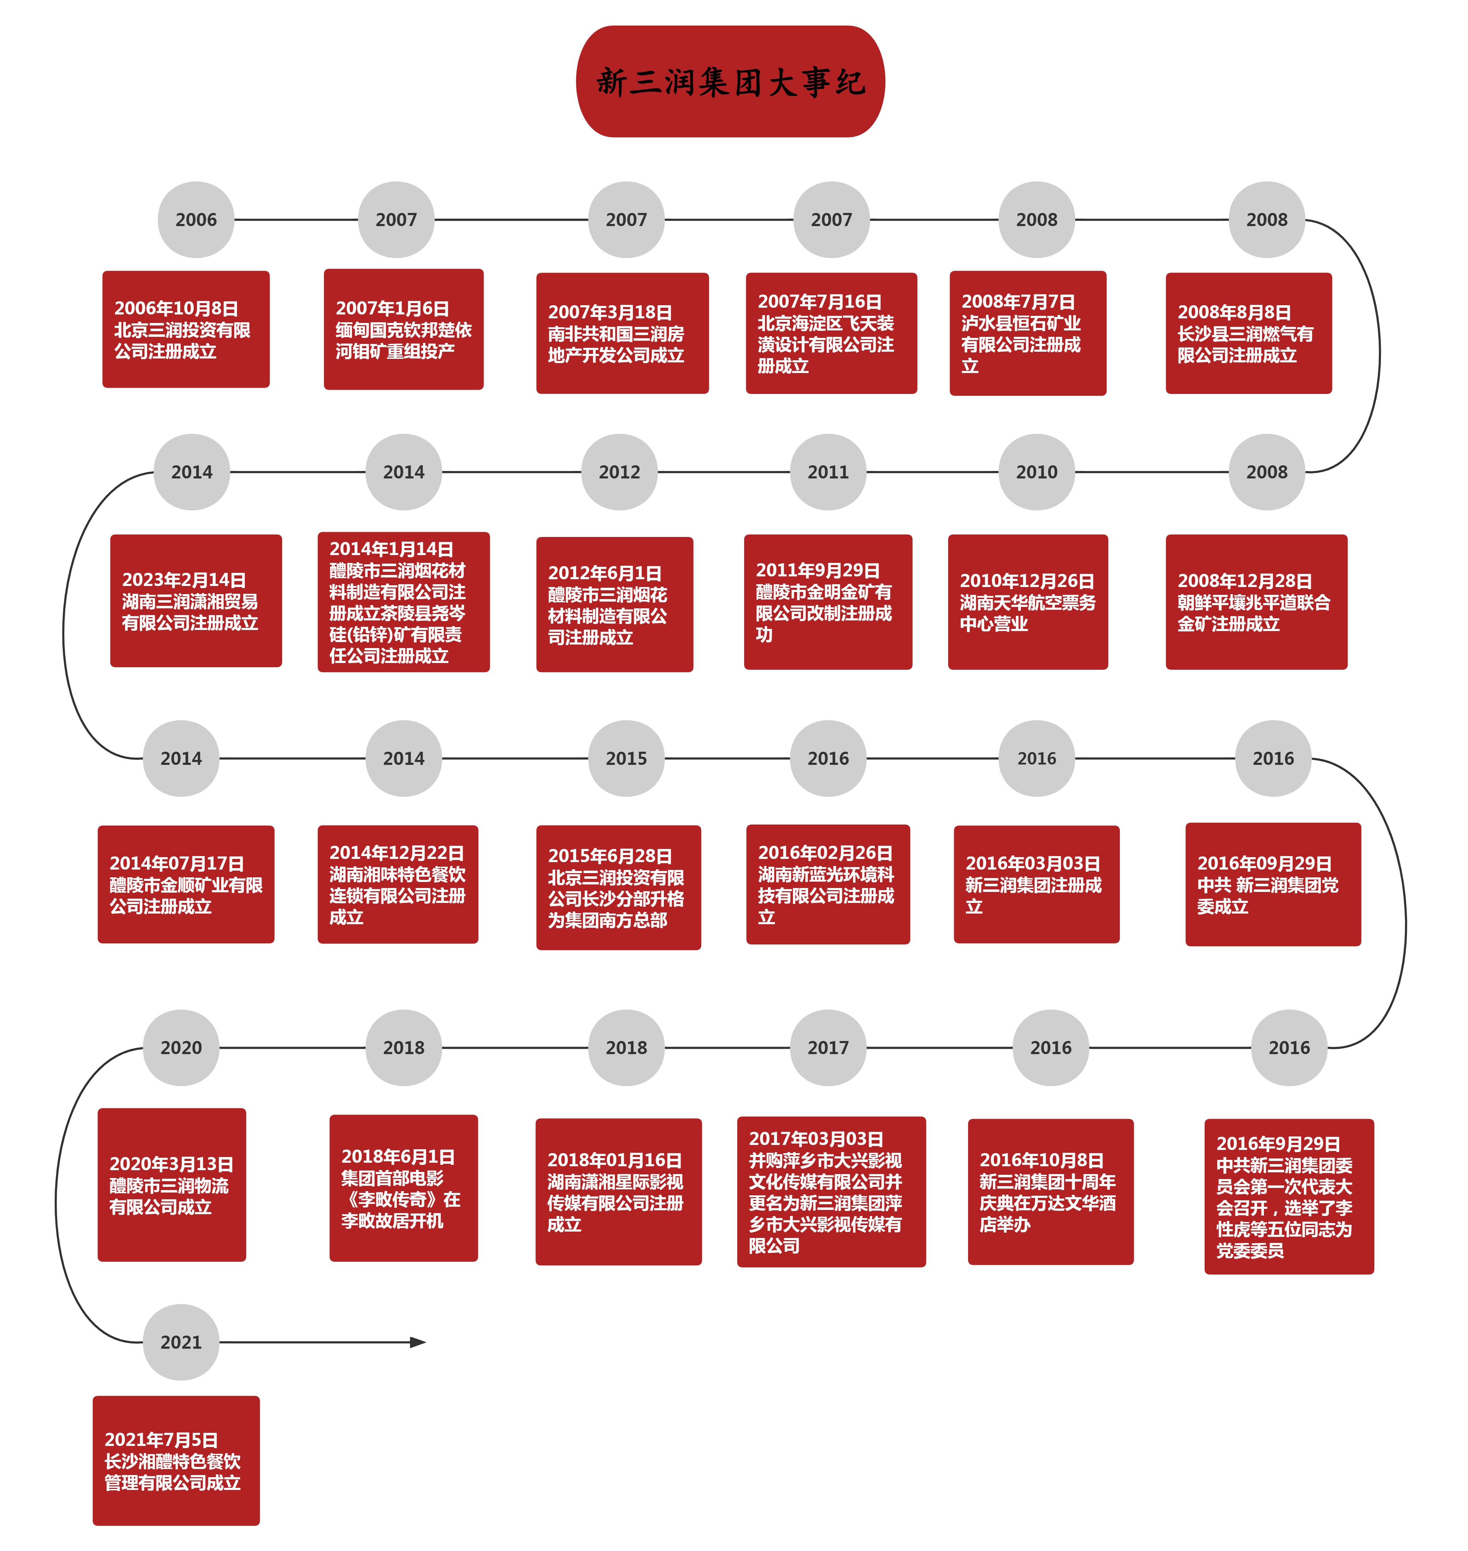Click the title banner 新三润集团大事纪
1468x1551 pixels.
730,81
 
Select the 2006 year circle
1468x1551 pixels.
196,220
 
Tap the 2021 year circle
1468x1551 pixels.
181,1342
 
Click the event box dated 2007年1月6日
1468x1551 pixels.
404,329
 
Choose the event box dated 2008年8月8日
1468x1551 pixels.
1249,333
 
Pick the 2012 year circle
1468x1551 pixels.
619,472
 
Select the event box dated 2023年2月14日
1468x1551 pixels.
196,601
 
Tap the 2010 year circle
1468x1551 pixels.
1036,472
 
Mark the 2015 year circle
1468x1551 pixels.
626,758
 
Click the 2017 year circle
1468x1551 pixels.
828,1048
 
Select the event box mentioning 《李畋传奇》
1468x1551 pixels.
404,1188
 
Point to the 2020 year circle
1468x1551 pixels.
181,1048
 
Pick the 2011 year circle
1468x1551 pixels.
828,472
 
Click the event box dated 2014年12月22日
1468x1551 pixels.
397,884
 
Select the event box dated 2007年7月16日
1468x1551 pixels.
831,333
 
